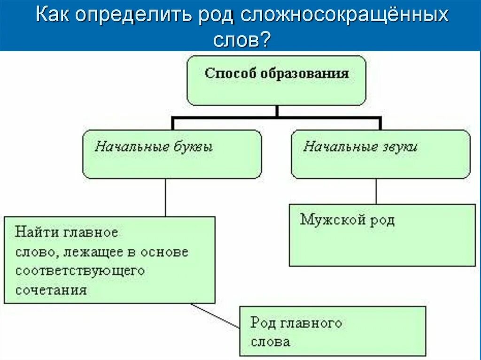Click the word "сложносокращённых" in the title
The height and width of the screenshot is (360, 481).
(345, 16)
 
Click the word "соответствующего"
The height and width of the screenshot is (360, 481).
(80, 271)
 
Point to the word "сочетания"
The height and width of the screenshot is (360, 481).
(51, 290)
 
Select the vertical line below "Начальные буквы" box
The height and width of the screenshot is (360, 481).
(165, 197)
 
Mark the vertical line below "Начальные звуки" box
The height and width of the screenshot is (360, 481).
(376, 191)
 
